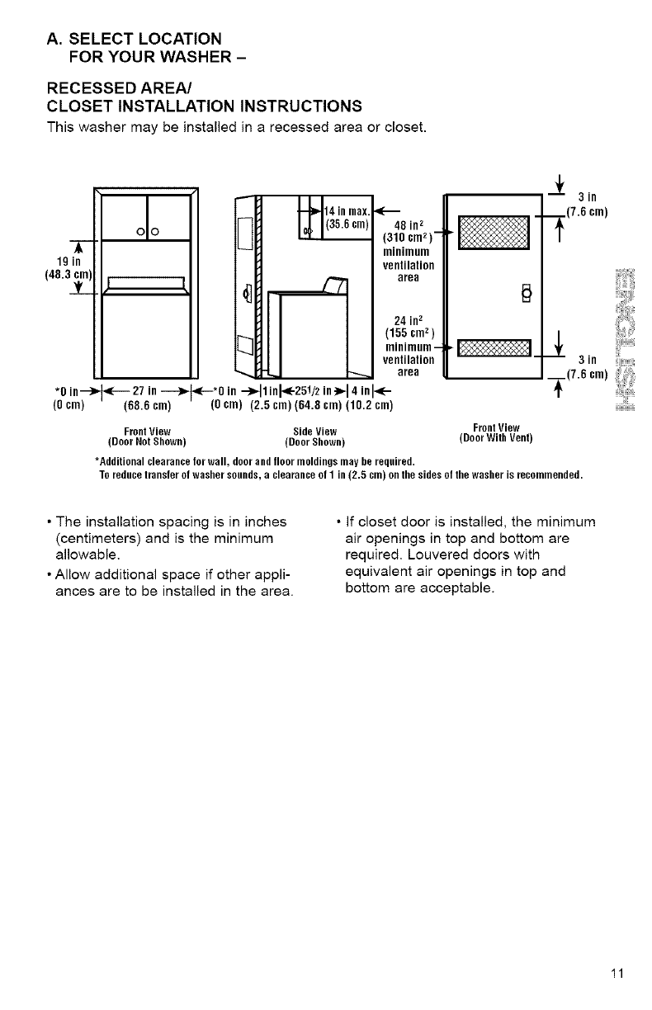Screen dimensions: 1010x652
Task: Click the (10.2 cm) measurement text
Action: tap(372, 405)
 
